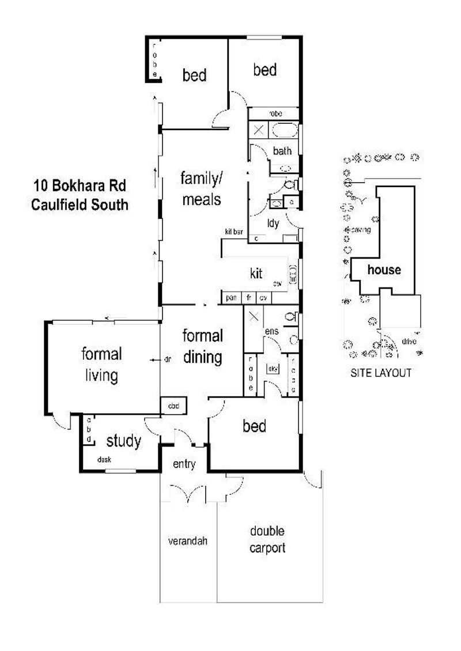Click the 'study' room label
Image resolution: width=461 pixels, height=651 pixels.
click(x=124, y=441)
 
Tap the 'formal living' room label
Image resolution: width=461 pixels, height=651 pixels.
click(x=101, y=365)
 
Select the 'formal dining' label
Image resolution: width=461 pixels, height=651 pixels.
click(x=202, y=346)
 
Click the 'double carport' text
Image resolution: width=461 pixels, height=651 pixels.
click(x=267, y=539)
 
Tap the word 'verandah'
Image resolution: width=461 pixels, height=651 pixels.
click(x=187, y=541)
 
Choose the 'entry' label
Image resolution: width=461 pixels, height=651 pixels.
click(x=185, y=464)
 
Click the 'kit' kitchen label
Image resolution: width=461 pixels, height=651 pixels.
click(x=256, y=273)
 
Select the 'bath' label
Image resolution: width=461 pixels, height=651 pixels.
click(x=282, y=152)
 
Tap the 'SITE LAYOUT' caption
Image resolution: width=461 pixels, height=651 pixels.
click(x=381, y=373)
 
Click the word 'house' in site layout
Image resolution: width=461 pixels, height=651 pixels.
click(x=384, y=270)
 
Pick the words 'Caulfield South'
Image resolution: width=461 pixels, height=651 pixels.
click(x=80, y=204)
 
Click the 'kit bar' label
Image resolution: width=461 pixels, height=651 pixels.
click(x=235, y=232)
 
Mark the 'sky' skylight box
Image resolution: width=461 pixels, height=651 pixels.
click(x=272, y=368)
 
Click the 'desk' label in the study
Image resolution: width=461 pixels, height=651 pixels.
click(x=104, y=459)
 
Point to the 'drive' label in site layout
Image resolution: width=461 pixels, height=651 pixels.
click(x=409, y=341)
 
